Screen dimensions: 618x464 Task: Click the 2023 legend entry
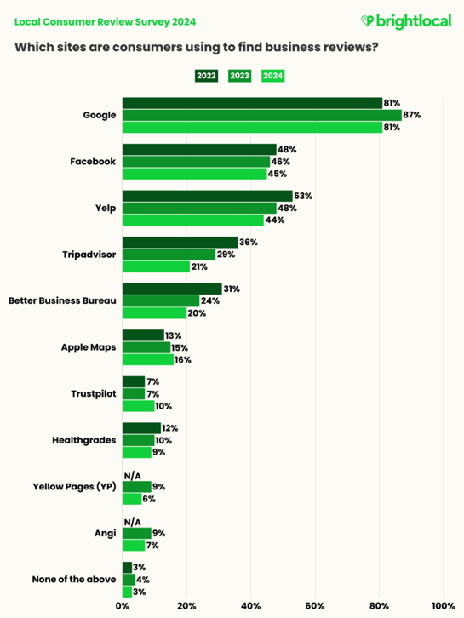click(x=239, y=76)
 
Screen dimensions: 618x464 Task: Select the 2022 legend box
click(x=206, y=76)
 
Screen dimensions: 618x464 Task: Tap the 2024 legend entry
click(x=272, y=76)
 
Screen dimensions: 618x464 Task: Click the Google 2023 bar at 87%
click(x=261, y=115)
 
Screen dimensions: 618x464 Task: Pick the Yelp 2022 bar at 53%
click(x=207, y=196)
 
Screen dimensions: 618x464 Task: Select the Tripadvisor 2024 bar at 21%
click(x=156, y=266)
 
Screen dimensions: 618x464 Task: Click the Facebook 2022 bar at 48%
click(x=199, y=149)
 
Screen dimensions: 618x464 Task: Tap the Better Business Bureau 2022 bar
click(x=172, y=289)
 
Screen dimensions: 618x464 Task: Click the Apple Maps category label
click(x=88, y=347)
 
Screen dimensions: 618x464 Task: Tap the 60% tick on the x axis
click(x=315, y=606)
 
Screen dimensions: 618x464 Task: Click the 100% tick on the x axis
click(x=443, y=606)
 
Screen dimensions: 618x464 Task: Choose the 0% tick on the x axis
click(x=123, y=606)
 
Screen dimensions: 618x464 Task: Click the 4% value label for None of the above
click(x=141, y=580)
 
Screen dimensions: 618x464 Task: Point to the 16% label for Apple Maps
click(x=183, y=359)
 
